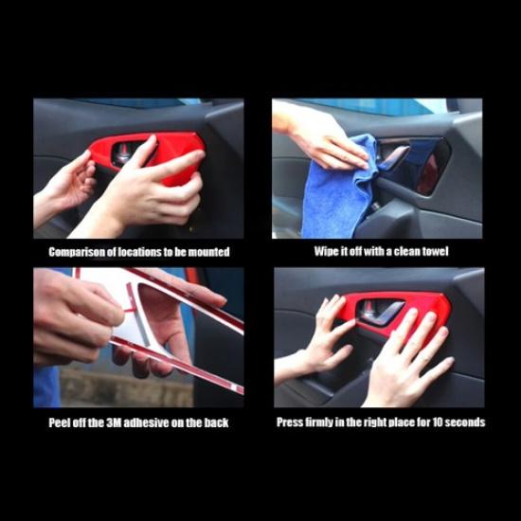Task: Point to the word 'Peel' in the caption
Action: point(62,422)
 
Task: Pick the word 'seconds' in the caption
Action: point(465,422)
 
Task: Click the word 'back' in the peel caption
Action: point(216,422)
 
